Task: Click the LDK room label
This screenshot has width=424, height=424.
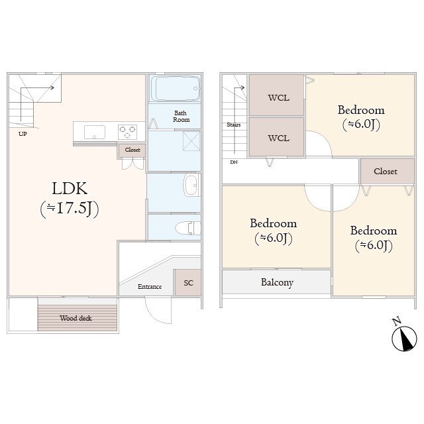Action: click(69, 188)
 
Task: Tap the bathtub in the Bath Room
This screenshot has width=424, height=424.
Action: click(175, 88)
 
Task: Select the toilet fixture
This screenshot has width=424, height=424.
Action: click(187, 227)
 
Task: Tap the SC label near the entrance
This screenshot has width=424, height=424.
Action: click(188, 283)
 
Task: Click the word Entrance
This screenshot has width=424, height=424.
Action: click(150, 287)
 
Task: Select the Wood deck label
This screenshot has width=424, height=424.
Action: click(76, 318)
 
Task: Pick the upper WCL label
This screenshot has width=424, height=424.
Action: click(278, 98)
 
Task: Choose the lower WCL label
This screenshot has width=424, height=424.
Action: click(278, 138)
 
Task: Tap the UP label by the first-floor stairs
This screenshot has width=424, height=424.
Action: click(23, 133)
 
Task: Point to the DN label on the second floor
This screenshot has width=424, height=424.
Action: click(233, 162)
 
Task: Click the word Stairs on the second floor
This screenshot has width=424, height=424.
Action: click(233, 125)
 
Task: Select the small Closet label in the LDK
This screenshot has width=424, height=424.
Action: click(132, 150)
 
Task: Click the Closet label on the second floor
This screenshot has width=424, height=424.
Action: click(385, 172)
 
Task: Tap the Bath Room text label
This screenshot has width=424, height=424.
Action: click(182, 116)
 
